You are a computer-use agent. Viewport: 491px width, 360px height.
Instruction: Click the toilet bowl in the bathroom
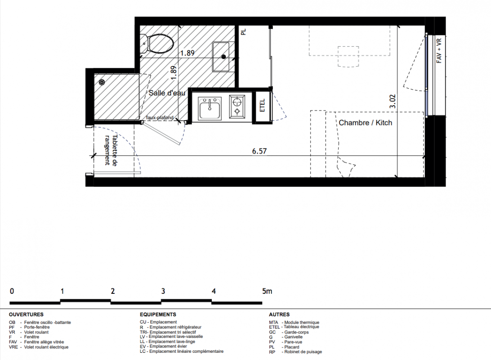tap(161, 44)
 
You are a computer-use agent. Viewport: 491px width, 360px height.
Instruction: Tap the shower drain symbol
tap(102, 82)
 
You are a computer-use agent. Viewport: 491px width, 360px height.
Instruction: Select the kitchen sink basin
tap(210, 108)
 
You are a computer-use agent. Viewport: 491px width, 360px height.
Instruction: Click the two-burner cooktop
tap(237, 107)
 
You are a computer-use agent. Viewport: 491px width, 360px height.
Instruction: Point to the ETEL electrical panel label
tap(263, 105)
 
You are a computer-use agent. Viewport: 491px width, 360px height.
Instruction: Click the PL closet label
tap(244, 31)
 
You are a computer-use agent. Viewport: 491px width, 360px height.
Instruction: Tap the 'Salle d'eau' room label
tap(167, 93)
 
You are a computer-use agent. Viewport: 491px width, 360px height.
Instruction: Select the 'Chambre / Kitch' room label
tap(366, 122)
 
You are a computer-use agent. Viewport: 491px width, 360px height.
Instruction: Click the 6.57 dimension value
tap(259, 151)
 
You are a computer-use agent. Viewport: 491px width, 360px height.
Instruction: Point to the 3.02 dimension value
tap(393, 102)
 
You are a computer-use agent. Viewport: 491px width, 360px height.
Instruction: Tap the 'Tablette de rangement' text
tap(111, 150)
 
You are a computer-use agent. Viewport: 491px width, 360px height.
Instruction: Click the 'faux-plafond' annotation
tap(160, 117)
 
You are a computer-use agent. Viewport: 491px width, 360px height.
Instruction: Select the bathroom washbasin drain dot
tap(223, 57)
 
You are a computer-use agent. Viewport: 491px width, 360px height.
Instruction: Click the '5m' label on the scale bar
tap(267, 291)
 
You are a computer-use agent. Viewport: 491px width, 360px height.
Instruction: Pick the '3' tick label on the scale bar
tap(163, 291)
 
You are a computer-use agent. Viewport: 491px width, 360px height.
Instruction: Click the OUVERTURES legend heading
tap(26, 315)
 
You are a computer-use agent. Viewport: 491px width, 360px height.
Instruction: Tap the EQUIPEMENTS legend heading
tap(158, 315)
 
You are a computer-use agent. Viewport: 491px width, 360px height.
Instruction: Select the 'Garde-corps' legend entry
tap(296, 332)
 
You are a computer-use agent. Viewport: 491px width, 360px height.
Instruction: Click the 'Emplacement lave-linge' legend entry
tap(172, 342)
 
